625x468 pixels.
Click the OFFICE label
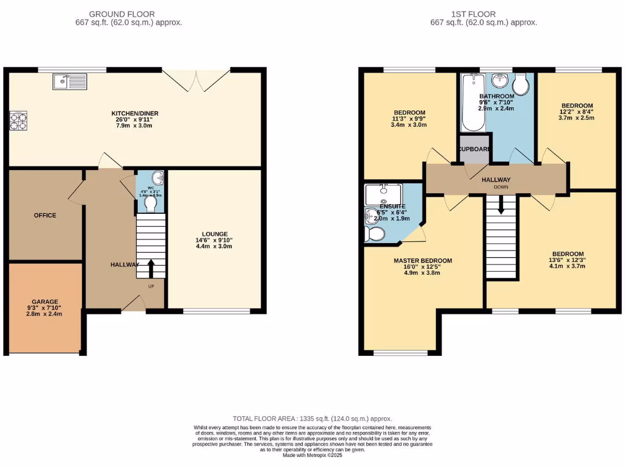(x=44, y=215)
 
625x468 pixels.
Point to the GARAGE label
(x=45, y=302)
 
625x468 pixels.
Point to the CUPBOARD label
(x=474, y=149)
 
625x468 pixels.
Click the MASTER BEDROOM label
(x=422, y=261)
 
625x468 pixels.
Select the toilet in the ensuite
(x=375, y=234)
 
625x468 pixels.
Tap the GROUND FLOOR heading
(x=121, y=14)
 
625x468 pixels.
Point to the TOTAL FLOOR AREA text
(x=312, y=419)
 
